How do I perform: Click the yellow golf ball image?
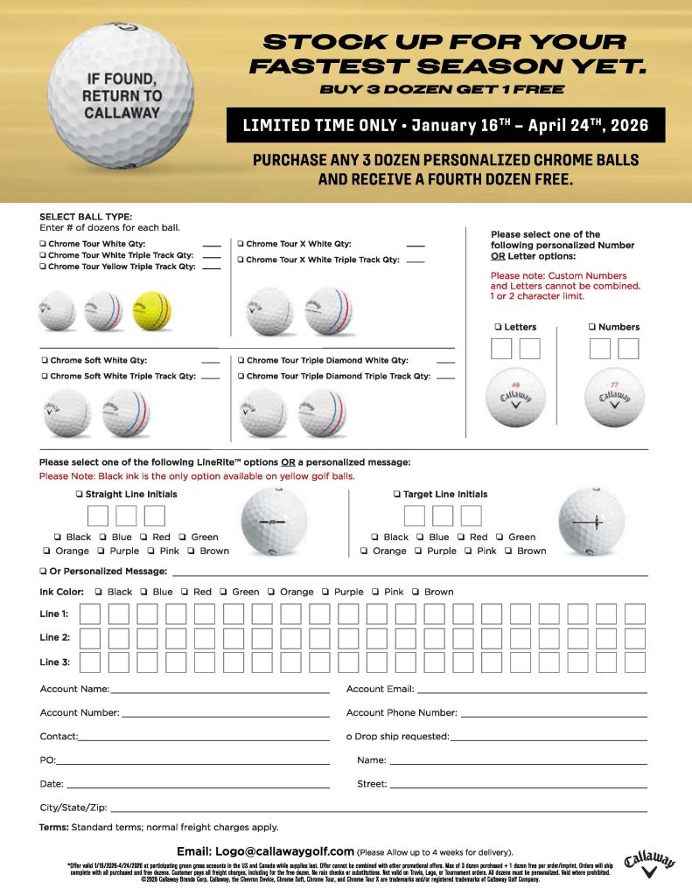152,310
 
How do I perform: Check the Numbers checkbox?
592,327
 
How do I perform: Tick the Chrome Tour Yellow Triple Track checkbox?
43,267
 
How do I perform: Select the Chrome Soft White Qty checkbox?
44,360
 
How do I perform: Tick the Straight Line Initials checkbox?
79,495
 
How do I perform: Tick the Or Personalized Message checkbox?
43,571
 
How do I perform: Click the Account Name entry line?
220,691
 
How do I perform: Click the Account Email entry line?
530,691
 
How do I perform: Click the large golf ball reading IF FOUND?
122,96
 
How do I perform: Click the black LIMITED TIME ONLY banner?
445,125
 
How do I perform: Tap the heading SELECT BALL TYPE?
86,217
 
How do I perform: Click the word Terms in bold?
54,827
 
